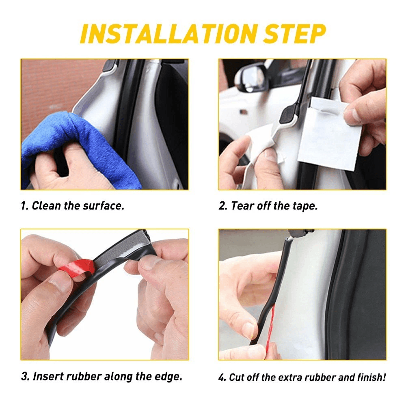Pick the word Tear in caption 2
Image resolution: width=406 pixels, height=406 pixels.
point(242,206)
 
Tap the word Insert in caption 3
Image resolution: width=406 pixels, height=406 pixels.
point(48,376)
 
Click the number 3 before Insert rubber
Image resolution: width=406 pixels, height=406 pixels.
point(24,376)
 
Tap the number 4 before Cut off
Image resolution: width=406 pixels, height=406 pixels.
point(222,377)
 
